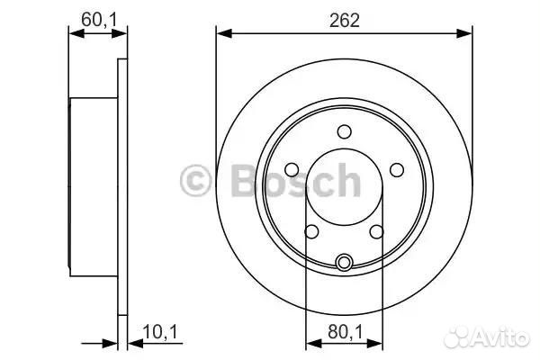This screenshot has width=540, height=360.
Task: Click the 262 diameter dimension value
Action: click(x=344, y=21)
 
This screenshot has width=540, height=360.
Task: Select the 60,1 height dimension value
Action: click(x=99, y=19)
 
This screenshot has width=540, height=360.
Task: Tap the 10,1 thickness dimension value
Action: click(x=160, y=332)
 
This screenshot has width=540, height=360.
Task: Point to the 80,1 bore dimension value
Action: click(x=345, y=332)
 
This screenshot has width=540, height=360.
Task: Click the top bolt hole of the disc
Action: click(x=344, y=131)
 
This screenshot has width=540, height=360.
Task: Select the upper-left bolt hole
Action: click(x=292, y=170)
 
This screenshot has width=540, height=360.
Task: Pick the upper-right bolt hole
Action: click(x=397, y=170)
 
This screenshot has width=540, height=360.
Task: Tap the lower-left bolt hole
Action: click(x=312, y=231)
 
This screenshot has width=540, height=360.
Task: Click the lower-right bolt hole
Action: click(x=377, y=231)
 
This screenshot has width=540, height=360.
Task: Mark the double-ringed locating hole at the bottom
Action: click(x=344, y=263)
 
